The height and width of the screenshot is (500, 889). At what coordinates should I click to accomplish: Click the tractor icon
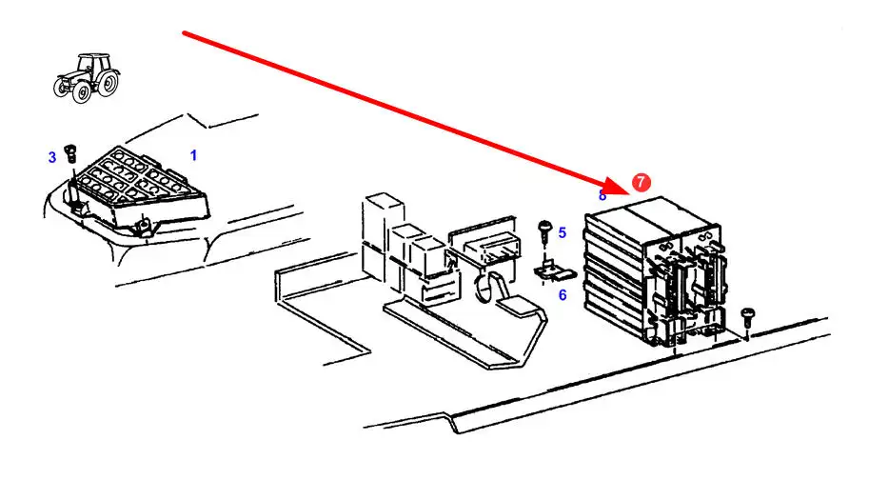click(89, 75)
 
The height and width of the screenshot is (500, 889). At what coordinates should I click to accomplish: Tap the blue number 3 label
click(52, 157)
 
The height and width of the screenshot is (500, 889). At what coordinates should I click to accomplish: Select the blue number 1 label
click(193, 154)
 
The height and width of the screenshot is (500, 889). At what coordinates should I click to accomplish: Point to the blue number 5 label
click(562, 232)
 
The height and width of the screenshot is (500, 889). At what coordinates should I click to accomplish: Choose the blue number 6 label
click(562, 295)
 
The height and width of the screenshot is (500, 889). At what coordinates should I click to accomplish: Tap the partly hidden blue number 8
click(603, 195)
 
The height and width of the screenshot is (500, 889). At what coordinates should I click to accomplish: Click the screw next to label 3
click(70, 152)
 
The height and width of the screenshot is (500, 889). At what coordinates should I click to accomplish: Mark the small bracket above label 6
click(546, 271)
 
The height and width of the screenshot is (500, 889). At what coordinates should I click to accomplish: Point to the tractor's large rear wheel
click(109, 83)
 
